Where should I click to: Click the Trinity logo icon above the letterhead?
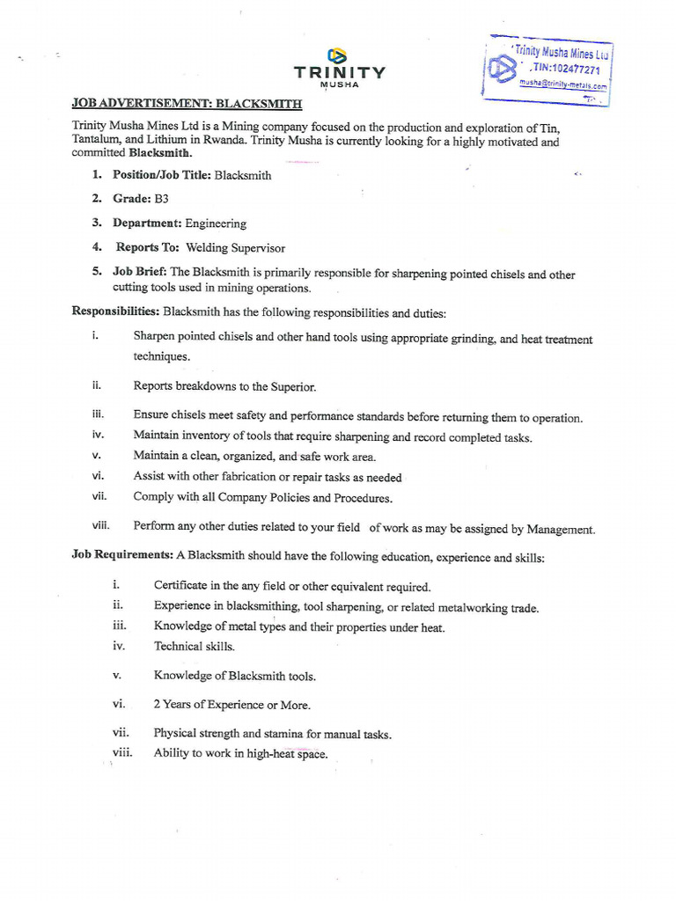(338, 55)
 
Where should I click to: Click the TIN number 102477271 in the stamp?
(569, 70)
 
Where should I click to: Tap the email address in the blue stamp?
(563, 85)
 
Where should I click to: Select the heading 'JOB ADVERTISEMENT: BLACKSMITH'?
(187, 104)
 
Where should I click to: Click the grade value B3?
(161, 199)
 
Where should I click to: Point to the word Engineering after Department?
(216, 223)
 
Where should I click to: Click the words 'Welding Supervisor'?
(235, 248)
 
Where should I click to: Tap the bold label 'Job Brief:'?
(140, 273)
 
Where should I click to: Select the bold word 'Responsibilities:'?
(115, 311)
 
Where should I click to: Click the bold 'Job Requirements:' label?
(122, 556)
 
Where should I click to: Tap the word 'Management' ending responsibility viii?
(560, 530)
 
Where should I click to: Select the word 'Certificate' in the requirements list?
(180, 586)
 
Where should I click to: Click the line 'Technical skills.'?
(195, 647)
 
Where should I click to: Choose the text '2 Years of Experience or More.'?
(231, 705)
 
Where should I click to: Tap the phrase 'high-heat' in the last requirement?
(270, 754)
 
